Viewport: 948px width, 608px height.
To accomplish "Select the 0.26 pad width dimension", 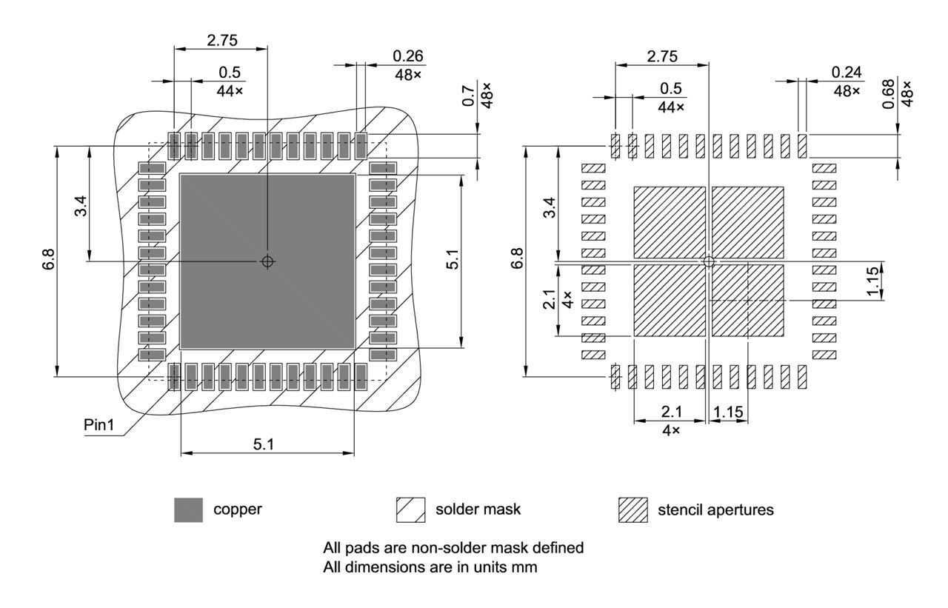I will [408, 56].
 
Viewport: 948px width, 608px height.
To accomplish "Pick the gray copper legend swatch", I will [188, 510].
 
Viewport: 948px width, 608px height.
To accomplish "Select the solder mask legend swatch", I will [411, 510].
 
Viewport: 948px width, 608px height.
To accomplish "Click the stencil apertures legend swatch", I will [632, 510].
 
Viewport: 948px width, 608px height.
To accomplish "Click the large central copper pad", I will [267, 222].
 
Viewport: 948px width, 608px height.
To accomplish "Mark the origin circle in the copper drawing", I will [267, 261].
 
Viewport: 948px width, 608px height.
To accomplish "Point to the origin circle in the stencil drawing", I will [709, 261].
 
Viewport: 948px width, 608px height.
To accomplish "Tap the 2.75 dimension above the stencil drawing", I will [661, 56].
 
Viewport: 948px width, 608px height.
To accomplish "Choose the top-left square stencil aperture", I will [670, 221].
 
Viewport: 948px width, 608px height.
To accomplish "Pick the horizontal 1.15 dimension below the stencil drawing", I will [729, 412].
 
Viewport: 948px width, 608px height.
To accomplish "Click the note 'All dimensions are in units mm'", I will [430, 567].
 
